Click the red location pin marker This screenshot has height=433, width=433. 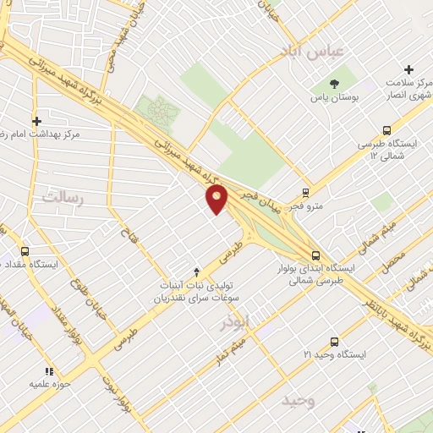(217, 199)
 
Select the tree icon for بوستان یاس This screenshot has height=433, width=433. (335, 84)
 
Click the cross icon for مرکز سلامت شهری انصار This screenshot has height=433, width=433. (408, 69)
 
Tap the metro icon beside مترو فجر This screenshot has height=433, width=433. (305, 191)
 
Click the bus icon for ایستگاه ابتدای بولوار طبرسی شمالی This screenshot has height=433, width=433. (315, 255)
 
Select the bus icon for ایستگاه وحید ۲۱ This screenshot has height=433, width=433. (335, 342)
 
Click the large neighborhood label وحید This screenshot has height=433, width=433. (299, 399)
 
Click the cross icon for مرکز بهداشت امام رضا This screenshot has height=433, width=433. (36, 121)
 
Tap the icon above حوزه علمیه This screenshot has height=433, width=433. (49, 370)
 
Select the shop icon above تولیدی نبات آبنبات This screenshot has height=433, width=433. (196, 271)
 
